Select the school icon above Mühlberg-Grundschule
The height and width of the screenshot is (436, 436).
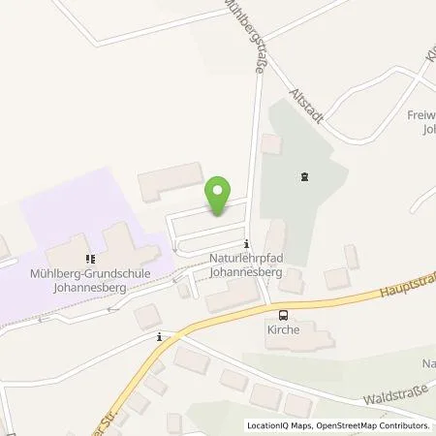click(89, 259)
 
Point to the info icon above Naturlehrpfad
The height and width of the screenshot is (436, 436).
click(248, 244)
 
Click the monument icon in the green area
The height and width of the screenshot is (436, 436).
click(306, 176)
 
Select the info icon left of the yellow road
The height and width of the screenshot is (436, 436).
click(160, 337)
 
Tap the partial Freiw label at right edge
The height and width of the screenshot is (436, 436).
click(419, 122)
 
